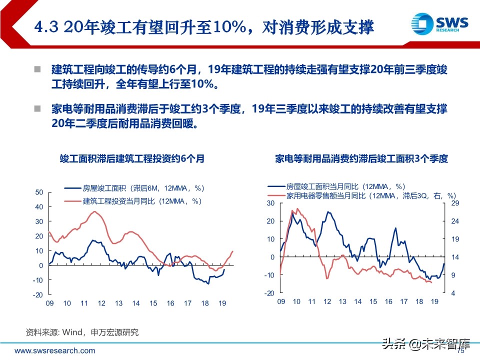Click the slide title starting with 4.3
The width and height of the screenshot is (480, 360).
(x=204, y=26)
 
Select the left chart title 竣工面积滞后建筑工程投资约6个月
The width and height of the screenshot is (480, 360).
(x=132, y=159)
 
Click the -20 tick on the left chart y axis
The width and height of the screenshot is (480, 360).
(x=38, y=295)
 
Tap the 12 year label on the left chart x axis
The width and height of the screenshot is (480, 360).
(x=101, y=303)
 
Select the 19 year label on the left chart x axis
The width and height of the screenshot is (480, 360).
(x=222, y=303)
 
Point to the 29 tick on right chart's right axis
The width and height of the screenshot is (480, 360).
(x=454, y=203)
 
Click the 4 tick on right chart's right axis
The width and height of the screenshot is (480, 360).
(x=453, y=293)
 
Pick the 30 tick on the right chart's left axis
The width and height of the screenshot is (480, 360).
(x=271, y=203)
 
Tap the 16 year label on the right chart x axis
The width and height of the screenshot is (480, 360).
(x=388, y=301)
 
